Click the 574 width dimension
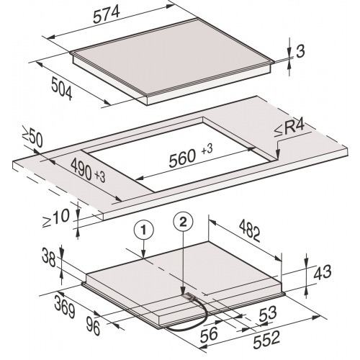(106, 14)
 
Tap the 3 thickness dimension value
(300, 51)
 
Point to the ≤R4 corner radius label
(289, 129)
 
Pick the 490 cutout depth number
(81, 169)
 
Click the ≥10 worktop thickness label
(56, 218)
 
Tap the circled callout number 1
(143, 230)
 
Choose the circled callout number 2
(183, 222)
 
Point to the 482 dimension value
(250, 231)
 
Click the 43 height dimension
(323, 272)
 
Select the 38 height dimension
(49, 258)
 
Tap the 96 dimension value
(93, 325)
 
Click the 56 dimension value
(209, 334)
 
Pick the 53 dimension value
(268, 313)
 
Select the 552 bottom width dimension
(266, 340)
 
